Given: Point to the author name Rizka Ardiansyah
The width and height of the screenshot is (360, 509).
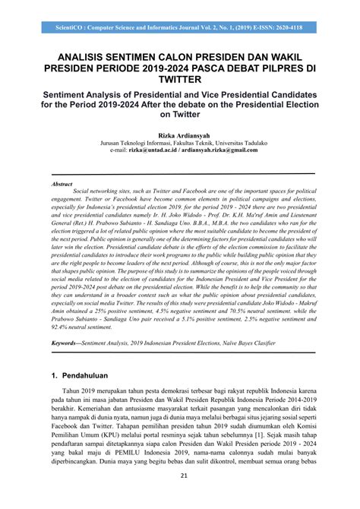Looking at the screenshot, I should pos(180,134).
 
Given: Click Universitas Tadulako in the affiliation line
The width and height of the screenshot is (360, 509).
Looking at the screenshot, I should pos(239,143).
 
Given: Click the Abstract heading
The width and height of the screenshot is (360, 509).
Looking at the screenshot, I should pos(62,184).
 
